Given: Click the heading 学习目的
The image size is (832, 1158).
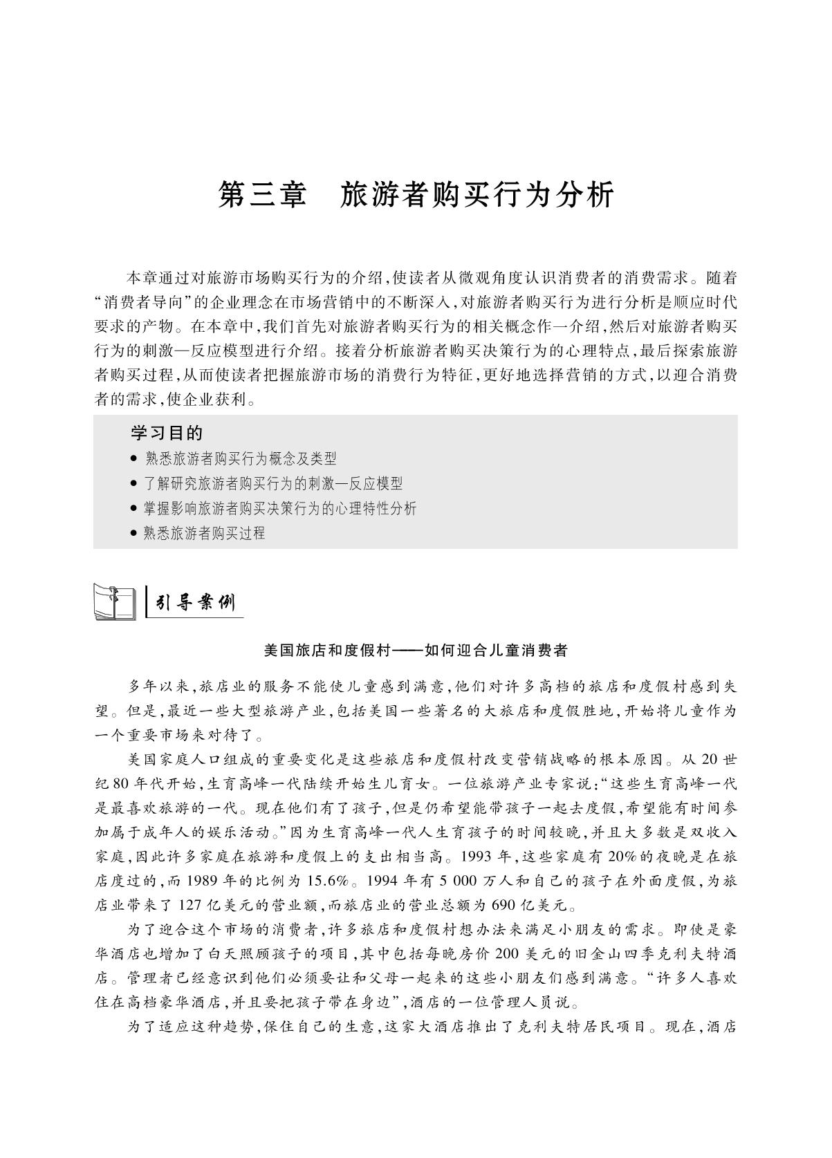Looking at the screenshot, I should point(167,433).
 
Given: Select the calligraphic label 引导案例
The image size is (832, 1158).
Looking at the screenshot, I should point(196,604).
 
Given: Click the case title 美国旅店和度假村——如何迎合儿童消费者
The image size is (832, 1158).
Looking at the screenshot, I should point(416,651).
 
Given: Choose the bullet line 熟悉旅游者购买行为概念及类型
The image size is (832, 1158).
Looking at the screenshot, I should point(240,458).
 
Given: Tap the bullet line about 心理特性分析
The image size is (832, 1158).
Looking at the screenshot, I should point(280,509).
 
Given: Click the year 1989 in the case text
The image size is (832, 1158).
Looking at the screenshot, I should point(203,881).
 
